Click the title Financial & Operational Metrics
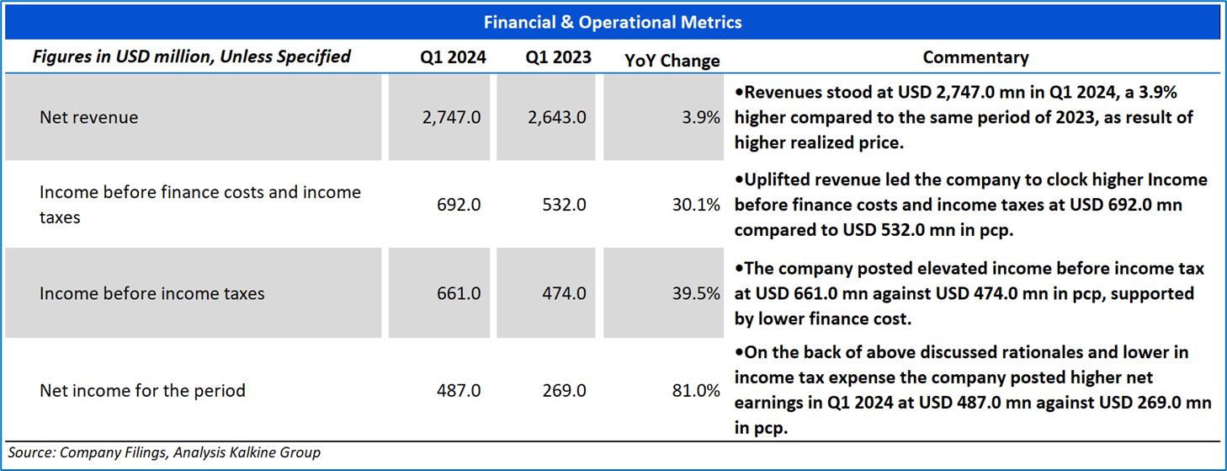613,22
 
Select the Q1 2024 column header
453,57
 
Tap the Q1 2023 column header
558,57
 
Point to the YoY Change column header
672,61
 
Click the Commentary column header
975,57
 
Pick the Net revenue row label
88,117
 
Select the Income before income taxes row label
151,293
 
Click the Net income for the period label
142,390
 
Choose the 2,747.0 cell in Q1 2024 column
451,117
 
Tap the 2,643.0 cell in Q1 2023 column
557,117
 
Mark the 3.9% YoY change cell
700,117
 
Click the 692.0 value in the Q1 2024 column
459,205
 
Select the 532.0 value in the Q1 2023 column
564,205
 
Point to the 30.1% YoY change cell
696,205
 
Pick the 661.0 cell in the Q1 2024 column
459,293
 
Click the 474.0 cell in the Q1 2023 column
564,293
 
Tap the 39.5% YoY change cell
696,293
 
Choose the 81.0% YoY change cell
696,390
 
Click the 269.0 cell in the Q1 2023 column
564,390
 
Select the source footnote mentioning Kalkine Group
164,453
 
